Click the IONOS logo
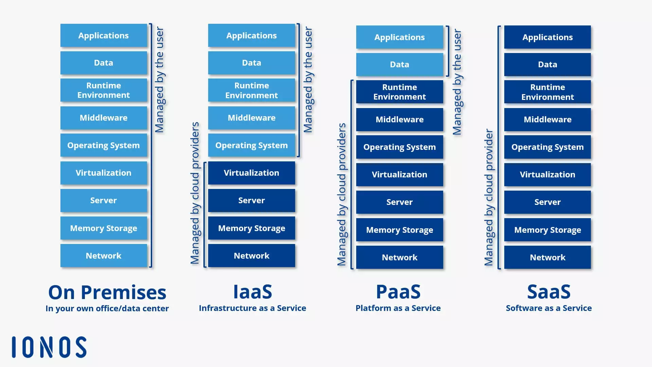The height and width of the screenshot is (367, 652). (49, 347)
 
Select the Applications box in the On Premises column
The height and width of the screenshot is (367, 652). (104, 35)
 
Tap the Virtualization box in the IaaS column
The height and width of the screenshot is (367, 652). (251, 173)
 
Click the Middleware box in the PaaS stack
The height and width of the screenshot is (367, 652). (399, 120)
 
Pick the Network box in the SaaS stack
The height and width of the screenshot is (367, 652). (547, 258)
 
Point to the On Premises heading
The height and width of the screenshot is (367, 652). (107, 292)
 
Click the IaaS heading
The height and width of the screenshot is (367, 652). (252, 292)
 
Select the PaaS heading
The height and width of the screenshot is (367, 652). (398, 292)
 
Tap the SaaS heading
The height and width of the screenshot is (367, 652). (549, 292)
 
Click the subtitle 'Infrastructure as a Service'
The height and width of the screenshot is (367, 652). (252, 308)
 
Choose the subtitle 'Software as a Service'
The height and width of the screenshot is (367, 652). (549, 308)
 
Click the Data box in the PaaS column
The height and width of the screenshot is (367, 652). (399, 65)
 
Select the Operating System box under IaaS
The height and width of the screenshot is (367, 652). (251, 145)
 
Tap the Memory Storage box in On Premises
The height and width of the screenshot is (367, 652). (104, 228)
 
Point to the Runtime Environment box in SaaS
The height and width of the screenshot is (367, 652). (547, 92)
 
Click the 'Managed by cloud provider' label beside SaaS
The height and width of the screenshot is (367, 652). (489, 197)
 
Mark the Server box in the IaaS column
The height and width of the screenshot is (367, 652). (251, 200)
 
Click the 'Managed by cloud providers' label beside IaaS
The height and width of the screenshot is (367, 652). (195, 193)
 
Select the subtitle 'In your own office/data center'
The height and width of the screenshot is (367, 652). (107, 309)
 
